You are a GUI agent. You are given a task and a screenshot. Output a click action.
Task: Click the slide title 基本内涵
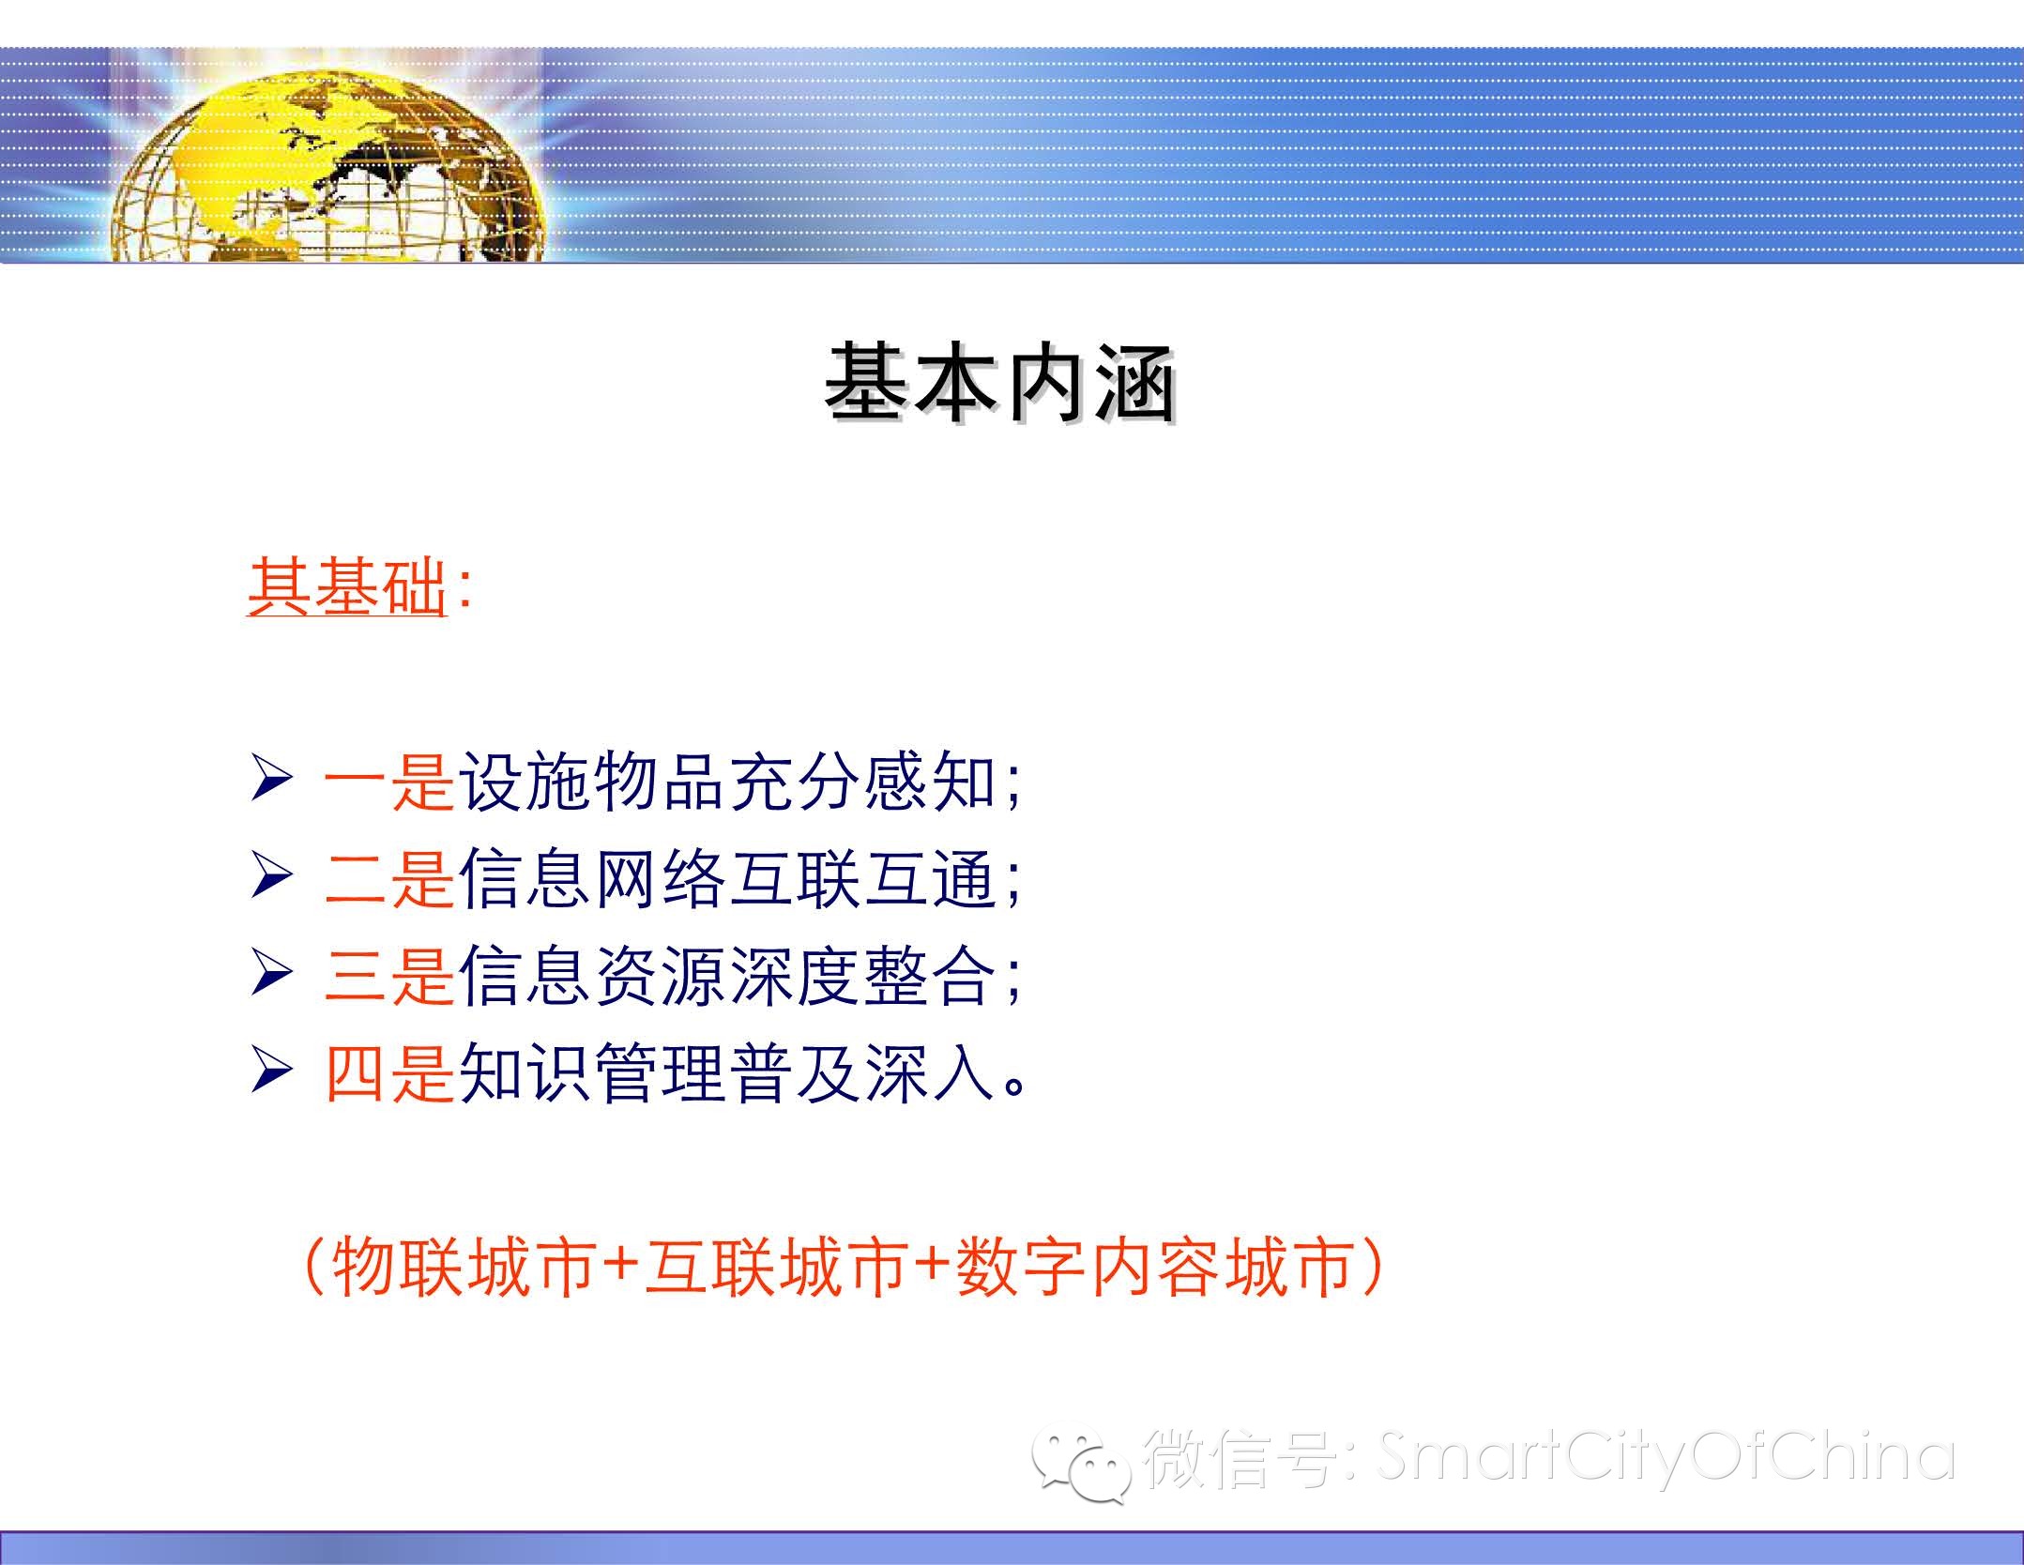click(1000, 384)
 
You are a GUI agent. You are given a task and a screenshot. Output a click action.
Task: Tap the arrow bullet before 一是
click(271, 781)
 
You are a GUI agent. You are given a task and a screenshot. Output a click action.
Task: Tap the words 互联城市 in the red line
click(776, 1268)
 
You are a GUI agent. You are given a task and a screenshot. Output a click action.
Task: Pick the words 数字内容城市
click(1153, 1268)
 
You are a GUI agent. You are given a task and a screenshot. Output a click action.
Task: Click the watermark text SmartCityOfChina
click(1666, 1457)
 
